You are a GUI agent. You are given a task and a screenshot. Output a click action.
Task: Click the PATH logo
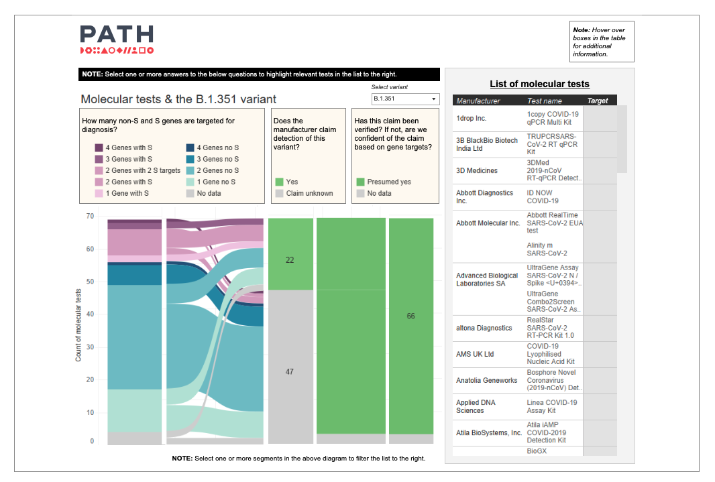[117, 39]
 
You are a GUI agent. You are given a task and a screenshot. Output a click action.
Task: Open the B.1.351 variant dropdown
[405, 99]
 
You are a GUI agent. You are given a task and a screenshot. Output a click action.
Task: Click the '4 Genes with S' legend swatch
[99, 147]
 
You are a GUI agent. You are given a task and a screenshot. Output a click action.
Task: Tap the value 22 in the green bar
[290, 260]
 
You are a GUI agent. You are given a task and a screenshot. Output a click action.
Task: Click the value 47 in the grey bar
[290, 371]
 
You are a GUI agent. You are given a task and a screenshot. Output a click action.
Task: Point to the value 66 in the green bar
[410, 316]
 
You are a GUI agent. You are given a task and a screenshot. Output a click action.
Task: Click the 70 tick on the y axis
[90, 217]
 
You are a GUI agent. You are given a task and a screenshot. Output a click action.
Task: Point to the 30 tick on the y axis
[90, 347]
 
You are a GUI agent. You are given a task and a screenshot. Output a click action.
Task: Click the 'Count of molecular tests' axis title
[78, 325]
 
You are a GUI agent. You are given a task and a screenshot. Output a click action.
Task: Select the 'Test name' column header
[545, 101]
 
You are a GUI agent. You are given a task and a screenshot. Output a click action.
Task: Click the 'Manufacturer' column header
[478, 101]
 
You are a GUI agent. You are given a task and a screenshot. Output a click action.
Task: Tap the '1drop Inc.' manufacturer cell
[472, 118]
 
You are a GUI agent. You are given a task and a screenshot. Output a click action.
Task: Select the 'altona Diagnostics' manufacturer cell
[484, 328]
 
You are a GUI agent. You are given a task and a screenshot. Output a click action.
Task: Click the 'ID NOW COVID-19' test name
[543, 196]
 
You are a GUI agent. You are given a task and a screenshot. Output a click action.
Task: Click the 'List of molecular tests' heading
[539, 84]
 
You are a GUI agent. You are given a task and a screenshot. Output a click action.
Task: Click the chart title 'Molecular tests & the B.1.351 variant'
[178, 99]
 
